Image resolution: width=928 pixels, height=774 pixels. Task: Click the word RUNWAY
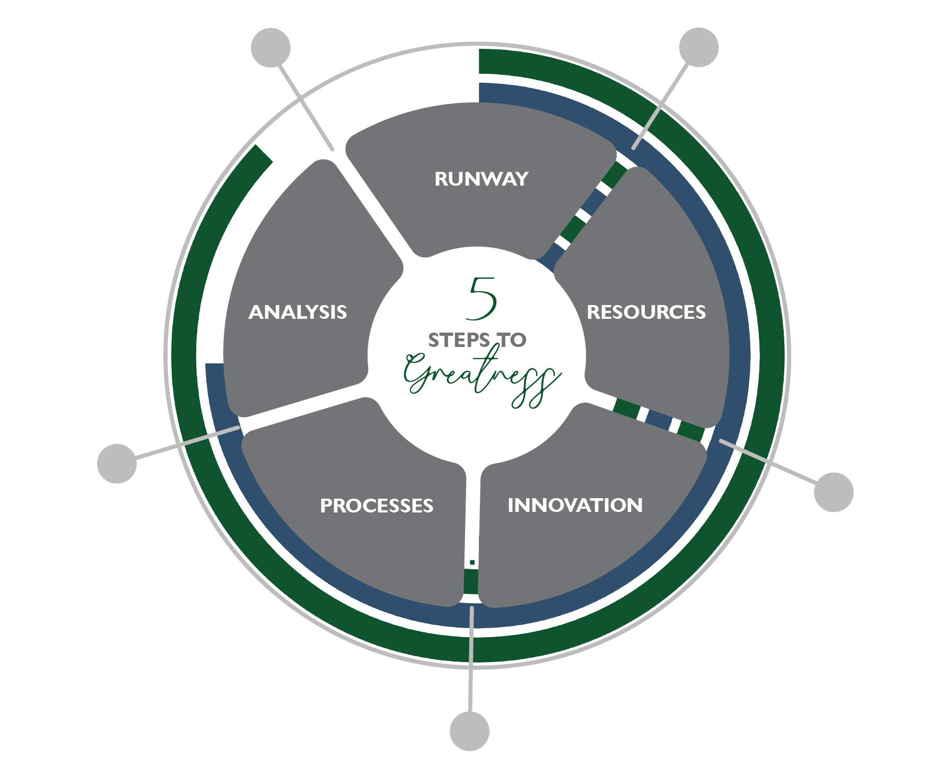(x=481, y=179)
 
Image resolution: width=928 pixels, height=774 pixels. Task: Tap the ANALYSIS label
(x=297, y=312)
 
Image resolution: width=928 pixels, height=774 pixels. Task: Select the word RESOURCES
(x=646, y=312)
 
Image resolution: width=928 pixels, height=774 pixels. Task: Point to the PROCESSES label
(x=377, y=506)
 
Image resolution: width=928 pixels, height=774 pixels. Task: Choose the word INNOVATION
(x=575, y=506)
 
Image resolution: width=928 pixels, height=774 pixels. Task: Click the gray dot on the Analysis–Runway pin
(x=271, y=48)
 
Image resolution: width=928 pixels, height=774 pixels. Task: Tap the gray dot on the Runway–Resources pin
(x=698, y=48)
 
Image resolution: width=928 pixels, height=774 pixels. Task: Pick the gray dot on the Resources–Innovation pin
(x=833, y=492)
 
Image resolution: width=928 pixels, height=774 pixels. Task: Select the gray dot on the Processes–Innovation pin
(x=469, y=731)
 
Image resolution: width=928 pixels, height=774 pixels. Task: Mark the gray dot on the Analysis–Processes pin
(x=117, y=464)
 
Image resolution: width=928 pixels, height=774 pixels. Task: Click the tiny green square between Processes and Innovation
(x=472, y=562)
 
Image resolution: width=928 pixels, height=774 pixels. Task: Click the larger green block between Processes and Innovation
(x=471, y=581)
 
